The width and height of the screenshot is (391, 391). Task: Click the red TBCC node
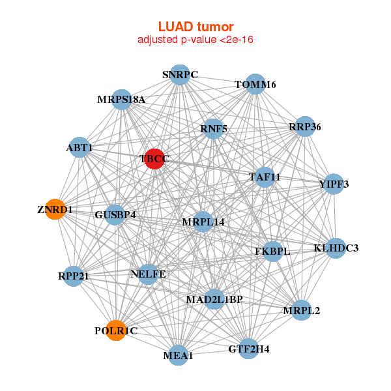pyautogui.click(x=154, y=158)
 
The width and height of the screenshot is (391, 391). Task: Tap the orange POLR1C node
pyautogui.click(x=116, y=330)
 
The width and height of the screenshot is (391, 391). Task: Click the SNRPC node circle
pyautogui.click(x=180, y=74)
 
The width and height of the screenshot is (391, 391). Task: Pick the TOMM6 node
pyautogui.click(x=255, y=85)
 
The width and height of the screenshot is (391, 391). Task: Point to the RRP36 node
pyautogui.click(x=305, y=126)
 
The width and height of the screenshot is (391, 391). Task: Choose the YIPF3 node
pyautogui.click(x=334, y=184)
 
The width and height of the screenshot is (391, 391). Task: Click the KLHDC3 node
pyautogui.click(x=336, y=248)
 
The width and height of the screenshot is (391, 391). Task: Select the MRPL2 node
pyautogui.click(x=301, y=310)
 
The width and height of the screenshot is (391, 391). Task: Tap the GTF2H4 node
pyautogui.click(x=248, y=349)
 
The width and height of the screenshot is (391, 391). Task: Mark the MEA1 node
pyautogui.click(x=178, y=355)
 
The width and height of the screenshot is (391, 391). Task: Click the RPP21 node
pyautogui.click(x=73, y=276)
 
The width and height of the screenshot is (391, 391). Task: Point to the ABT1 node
pyautogui.click(x=79, y=147)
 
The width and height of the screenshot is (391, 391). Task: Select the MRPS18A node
pyautogui.click(x=122, y=99)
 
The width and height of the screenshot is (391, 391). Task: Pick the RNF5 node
pyautogui.click(x=214, y=128)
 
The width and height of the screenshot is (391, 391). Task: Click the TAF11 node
pyautogui.click(x=265, y=177)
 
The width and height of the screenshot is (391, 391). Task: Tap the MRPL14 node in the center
pyautogui.click(x=203, y=222)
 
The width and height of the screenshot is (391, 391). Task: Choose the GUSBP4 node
pyautogui.click(x=115, y=214)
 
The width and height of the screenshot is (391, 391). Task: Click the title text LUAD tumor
pyautogui.click(x=195, y=27)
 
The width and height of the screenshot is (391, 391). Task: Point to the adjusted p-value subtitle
pyautogui.click(x=195, y=40)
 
